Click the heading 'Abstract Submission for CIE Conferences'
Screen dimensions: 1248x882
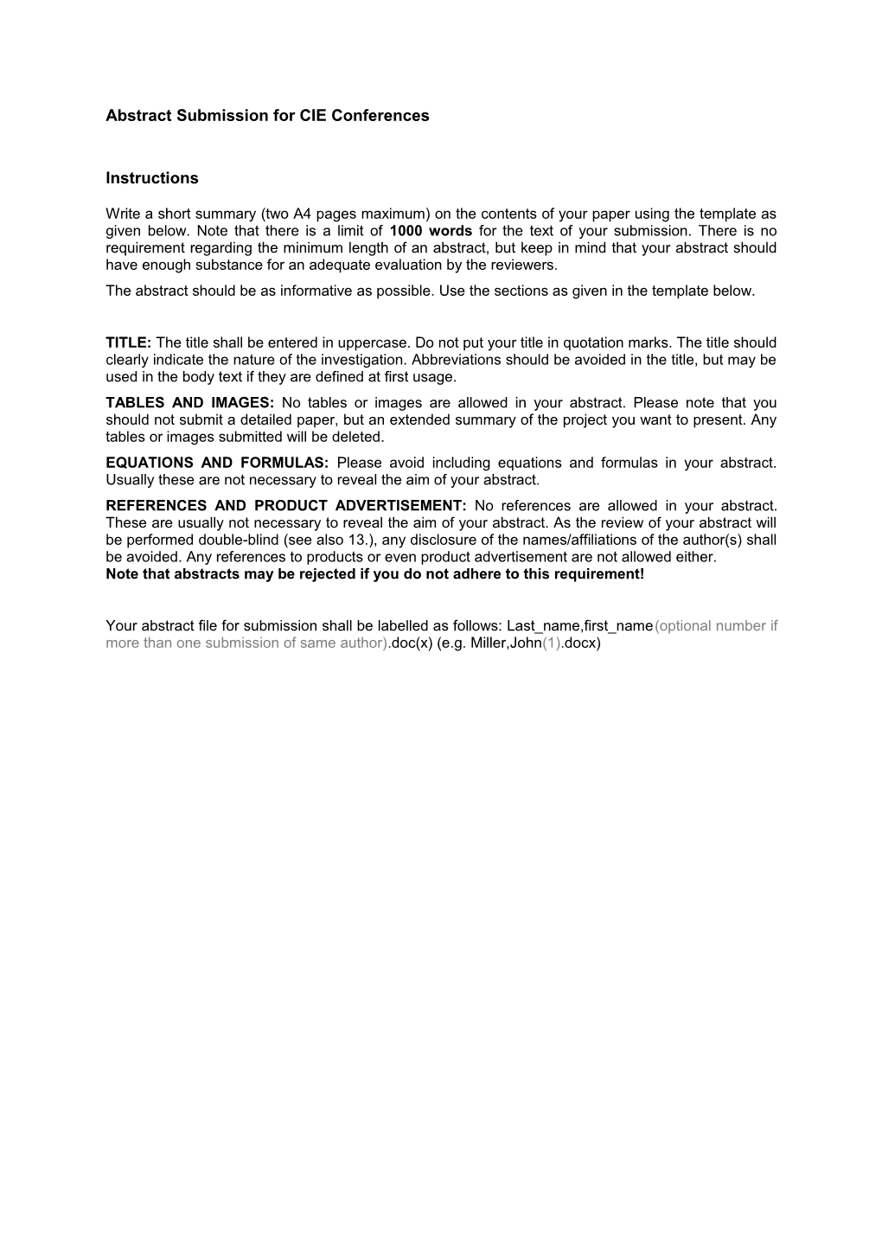point(267,116)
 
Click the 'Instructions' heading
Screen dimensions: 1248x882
point(152,179)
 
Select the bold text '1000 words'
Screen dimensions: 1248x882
point(431,231)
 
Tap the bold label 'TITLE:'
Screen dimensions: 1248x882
point(129,342)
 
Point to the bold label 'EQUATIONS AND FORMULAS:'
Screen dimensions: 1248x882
point(217,463)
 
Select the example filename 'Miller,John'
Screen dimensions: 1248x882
point(506,643)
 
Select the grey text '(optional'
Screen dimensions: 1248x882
point(681,626)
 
